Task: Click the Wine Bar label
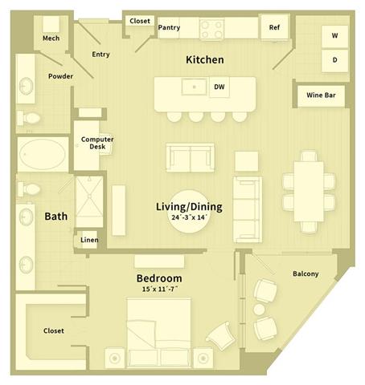(x=320, y=95)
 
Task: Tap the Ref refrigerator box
(x=274, y=27)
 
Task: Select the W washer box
(x=334, y=37)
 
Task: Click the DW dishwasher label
(x=219, y=87)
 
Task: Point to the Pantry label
(x=169, y=27)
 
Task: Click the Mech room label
(x=51, y=38)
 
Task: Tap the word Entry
(x=100, y=55)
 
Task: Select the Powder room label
(x=60, y=76)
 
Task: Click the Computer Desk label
(x=97, y=143)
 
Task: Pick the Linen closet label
(x=88, y=239)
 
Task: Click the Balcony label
(x=306, y=274)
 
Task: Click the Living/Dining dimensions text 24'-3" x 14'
(x=189, y=218)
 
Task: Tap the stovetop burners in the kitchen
(x=211, y=29)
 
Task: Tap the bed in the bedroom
(x=159, y=332)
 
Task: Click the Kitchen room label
(x=204, y=59)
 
